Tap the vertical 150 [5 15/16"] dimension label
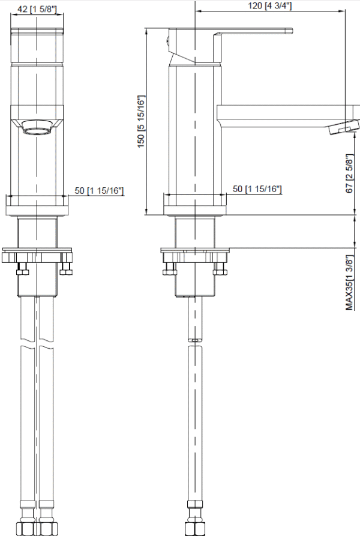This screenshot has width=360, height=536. click(141, 121)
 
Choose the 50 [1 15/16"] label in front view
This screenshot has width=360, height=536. click(99, 190)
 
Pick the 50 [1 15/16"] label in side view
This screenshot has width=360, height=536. click(257, 189)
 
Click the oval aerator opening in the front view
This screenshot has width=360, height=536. click(37, 129)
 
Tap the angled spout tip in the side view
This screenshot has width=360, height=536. click(343, 127)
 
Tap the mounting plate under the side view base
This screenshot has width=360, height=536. click(194, 253)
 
